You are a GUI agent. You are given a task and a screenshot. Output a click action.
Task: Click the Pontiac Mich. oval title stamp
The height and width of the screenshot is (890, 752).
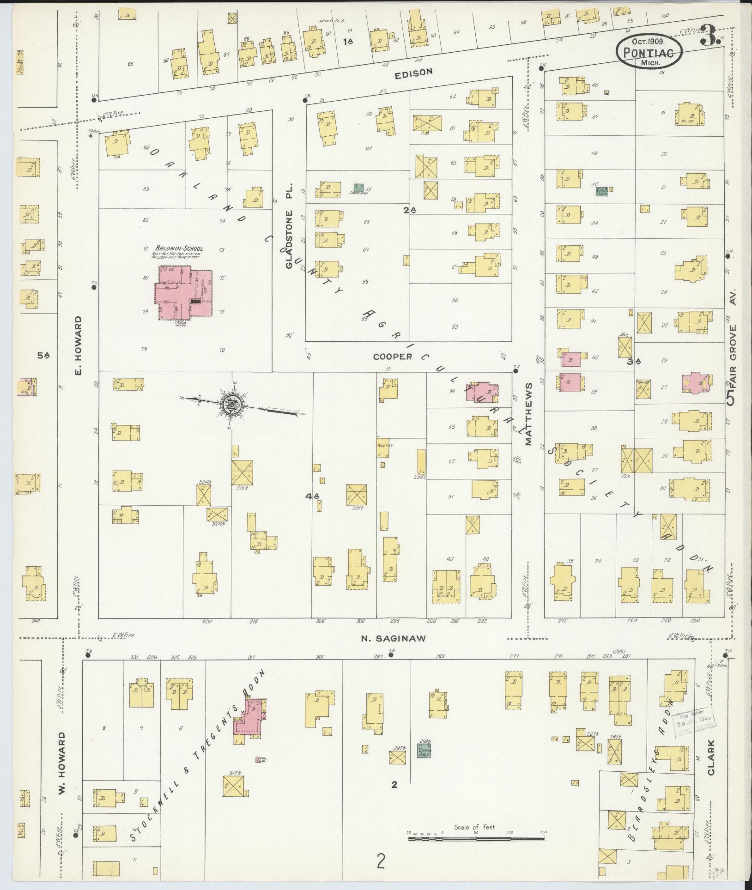pos(649,53)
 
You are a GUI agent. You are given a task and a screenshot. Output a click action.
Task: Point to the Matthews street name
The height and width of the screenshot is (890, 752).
pos(528,413)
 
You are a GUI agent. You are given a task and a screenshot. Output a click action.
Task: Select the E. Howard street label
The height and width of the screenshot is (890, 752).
pos(78,345)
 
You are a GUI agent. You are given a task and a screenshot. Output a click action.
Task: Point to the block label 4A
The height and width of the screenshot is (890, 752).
pos(313,496)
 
